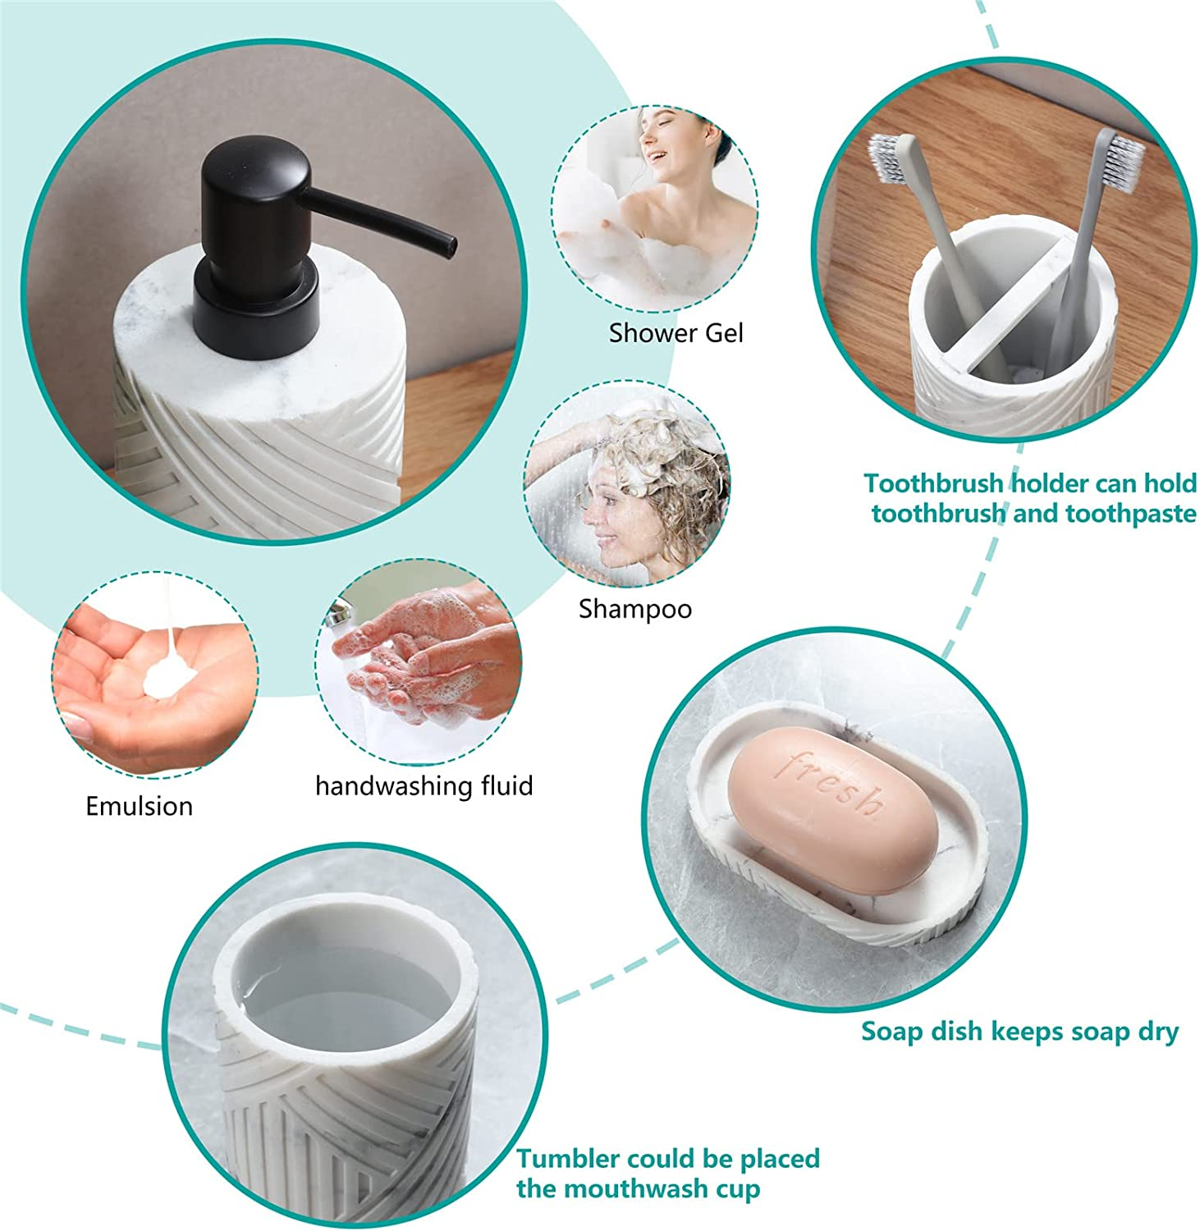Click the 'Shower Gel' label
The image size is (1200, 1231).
[676, 333]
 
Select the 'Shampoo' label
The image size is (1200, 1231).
[634, 609]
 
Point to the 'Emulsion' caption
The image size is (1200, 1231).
[140, 806]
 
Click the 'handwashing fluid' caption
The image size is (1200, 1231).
[424, 786]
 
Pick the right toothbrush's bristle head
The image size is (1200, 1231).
[1123, 159]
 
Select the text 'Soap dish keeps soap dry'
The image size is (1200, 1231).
[1019, 1032]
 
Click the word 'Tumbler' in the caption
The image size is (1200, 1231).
[567, 1159]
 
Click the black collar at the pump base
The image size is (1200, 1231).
[256, 312]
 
